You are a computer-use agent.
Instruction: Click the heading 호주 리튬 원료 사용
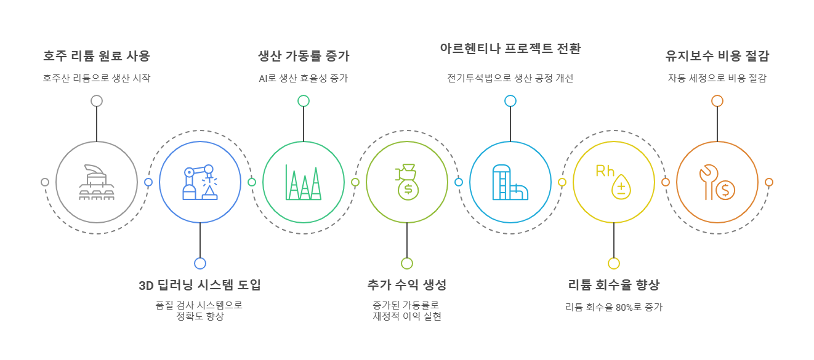pyautogui.click(x=97, y=56)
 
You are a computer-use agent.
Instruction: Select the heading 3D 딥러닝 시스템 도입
pyautogui.click(x=200, y=285)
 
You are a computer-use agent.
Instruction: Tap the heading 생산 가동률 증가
pyautogui.click(x=304, y=56)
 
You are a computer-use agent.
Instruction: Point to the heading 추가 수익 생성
pyautogui.click(x=407, y=285)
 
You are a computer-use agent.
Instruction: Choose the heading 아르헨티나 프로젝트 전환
pyautogui.click(x=510, y=49)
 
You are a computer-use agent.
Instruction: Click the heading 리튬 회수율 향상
pyautogui.click(x=614, y=285)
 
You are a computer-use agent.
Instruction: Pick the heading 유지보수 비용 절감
pyautogui.click(x=717, y=56)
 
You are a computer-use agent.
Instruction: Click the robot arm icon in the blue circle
pyautogui.click(x=200, y=182)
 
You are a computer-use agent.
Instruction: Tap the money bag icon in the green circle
pyautogui.click(x=407, y=182)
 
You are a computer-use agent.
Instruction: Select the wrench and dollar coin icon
pyautogui.click(x=717, y=182)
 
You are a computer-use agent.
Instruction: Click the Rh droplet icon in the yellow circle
pyautogui.click(x=614, y=182)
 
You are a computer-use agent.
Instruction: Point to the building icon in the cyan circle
pyautogui.click(x=510, y=182)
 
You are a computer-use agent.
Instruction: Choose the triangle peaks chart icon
pyautogui.click(x=304, y=182)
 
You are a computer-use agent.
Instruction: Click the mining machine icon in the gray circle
pyautogui.click(x=97, y=182)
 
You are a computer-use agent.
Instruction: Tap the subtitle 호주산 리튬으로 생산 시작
pyautogui.click(x=97, y=78)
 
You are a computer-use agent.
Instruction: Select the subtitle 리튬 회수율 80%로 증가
pyautogui.click(x=614, y=307)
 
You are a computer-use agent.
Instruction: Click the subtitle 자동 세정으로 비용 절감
pyautogui.click(x=717, y=78)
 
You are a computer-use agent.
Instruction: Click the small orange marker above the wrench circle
pyautogui.click(x=717, y=101)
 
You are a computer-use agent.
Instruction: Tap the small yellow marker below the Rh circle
pyautogui.click(x=614, y=263)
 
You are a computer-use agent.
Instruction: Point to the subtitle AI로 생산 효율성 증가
pyautogui.click(x=304, y=78)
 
